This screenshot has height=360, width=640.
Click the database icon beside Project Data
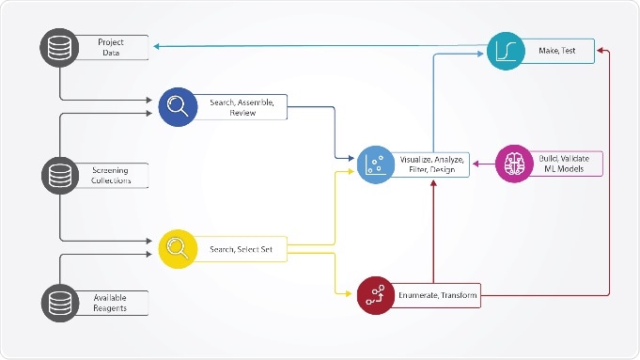click(59, 47)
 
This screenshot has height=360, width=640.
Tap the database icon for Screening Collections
click(59, 175)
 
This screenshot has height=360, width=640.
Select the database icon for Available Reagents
click(59, 304)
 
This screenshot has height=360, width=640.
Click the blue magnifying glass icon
click(176, 106)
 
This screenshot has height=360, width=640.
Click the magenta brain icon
click(514, 163)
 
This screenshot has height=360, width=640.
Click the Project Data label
click(111, 47)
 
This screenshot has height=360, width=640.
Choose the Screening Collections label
click(111, 175)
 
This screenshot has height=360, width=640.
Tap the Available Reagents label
click(111, 303)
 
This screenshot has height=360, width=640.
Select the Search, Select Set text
click(236, 249)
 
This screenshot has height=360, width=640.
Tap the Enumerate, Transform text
click(437, 297)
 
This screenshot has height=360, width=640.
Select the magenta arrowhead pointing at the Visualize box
click(475, 164)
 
